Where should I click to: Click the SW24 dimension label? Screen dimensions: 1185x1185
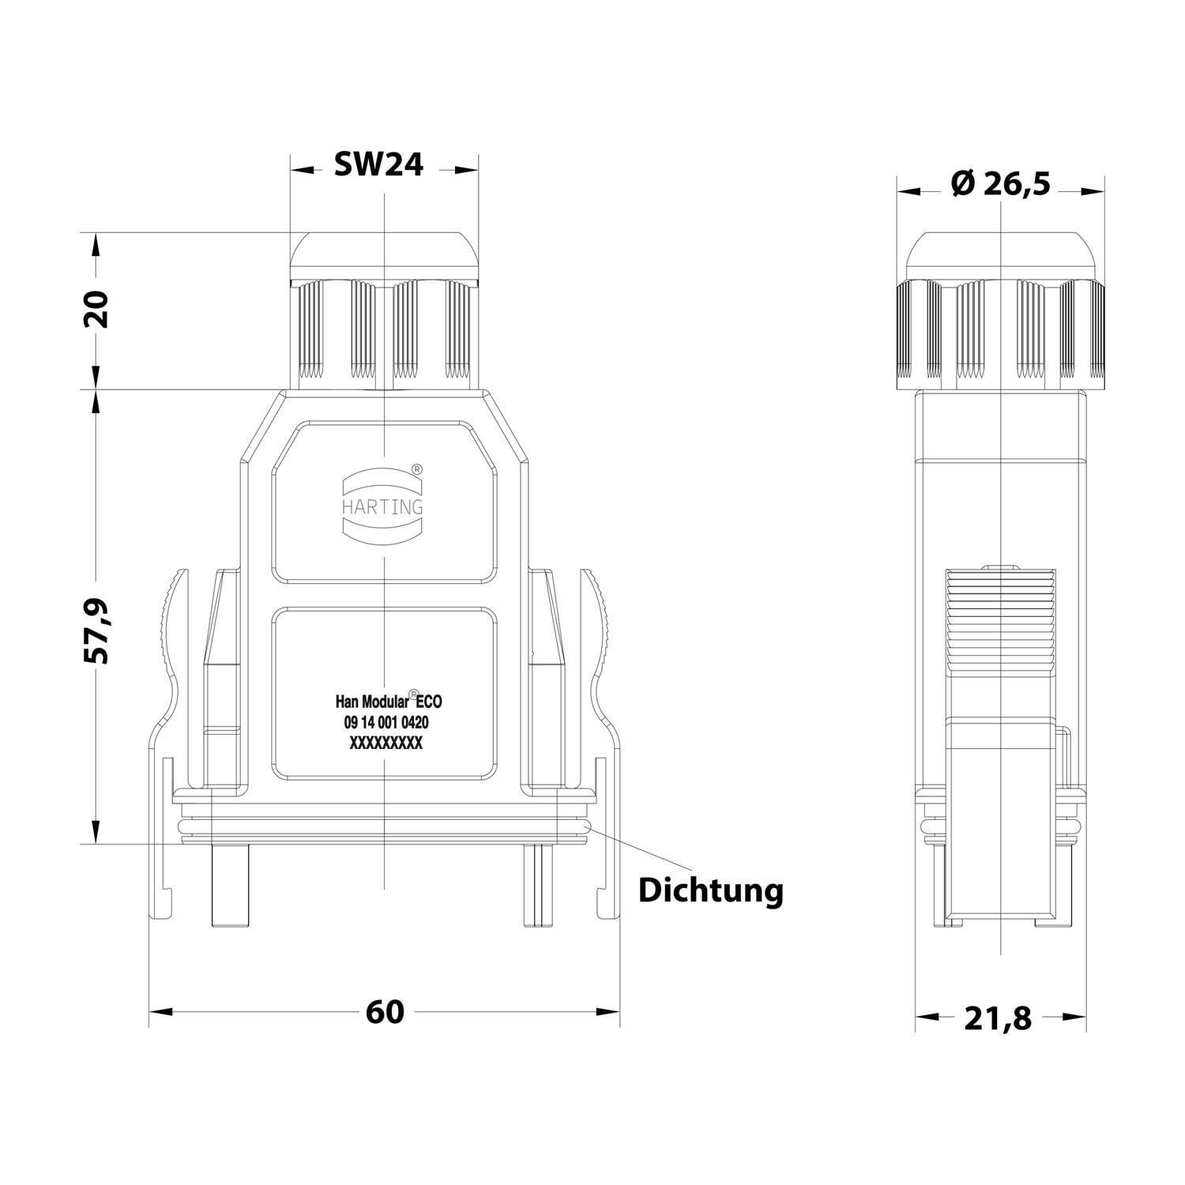click(x=378, y=164)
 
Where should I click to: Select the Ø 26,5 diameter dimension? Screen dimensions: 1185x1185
click(x=1001, y=184)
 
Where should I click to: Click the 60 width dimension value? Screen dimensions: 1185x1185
click(x=385, y=1012)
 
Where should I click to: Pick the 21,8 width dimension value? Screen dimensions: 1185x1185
click(x=998, y=1018)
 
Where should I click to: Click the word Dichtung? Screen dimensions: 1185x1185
click(x=710, y=890)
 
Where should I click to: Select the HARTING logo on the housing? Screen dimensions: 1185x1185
click(x=382, y=506)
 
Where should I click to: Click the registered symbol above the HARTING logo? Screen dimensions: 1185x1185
click(x=417, y=469)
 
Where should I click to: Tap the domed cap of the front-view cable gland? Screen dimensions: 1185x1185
click(x=384, y=257)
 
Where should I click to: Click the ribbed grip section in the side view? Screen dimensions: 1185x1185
click(x=1001, y=620)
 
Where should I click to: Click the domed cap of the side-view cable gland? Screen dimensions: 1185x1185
click(x=1000, y=257)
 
